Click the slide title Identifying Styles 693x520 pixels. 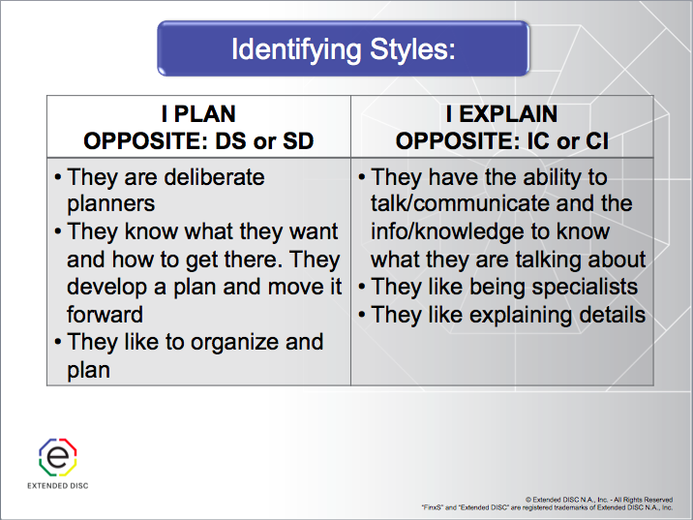(x=343, y=48)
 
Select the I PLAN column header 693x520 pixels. (x=198, y=114)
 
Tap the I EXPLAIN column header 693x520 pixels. (x=501, y=114)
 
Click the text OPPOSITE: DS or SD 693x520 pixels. (x=198, y=140)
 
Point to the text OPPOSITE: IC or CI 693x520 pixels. (x=501, y=140)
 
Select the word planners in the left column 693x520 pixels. (x=110, y=204)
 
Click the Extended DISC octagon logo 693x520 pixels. (x=57, y=456)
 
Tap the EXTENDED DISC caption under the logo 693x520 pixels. (x=57, y=485)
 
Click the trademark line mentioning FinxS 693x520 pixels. (x=547, y=507)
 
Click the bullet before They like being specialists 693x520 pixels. (x=362, y=288)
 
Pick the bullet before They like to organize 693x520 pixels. (x=59, y=343)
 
